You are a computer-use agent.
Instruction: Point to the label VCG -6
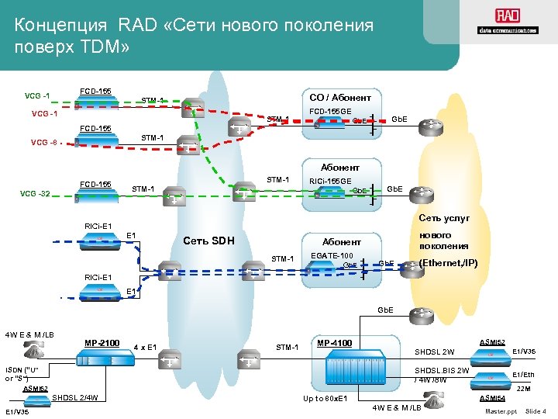43,143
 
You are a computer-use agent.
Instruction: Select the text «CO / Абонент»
339,98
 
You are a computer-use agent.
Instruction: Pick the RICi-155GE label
330,181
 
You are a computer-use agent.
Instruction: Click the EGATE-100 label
331,255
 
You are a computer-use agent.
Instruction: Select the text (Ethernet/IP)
448,263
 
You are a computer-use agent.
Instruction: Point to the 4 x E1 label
146,347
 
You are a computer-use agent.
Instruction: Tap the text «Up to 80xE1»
325,399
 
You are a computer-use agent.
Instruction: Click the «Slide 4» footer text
536,410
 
